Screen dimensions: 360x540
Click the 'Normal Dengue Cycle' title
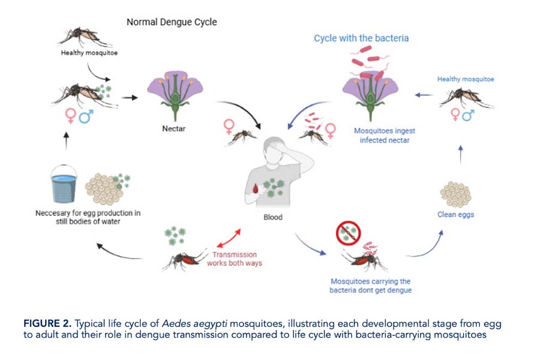172,22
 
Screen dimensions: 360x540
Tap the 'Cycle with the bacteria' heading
361,38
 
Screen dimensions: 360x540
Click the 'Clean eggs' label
456,214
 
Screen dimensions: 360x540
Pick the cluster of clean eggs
455,193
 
